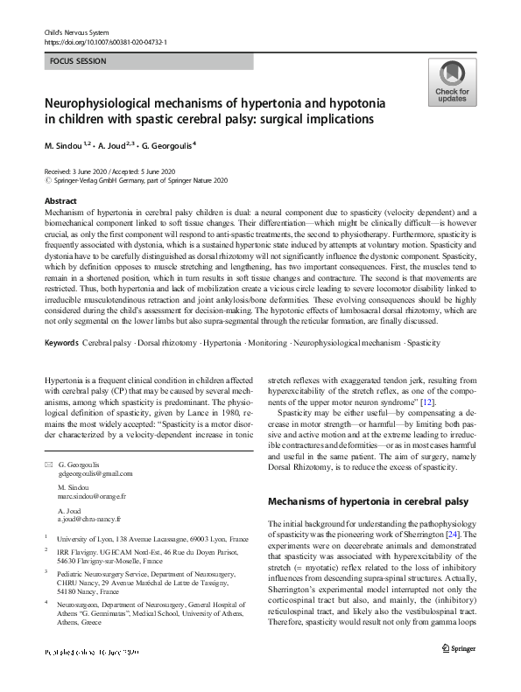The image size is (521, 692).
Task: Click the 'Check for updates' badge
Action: pyautogui.click(x=452, y=84)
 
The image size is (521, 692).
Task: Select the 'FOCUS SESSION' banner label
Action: pyautogui.click(x=78, y=61)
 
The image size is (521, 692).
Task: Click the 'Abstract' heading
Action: pyautogui.click(x=60, y=201)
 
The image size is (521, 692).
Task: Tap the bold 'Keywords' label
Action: pyautogui.click(x=63, y=343)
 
